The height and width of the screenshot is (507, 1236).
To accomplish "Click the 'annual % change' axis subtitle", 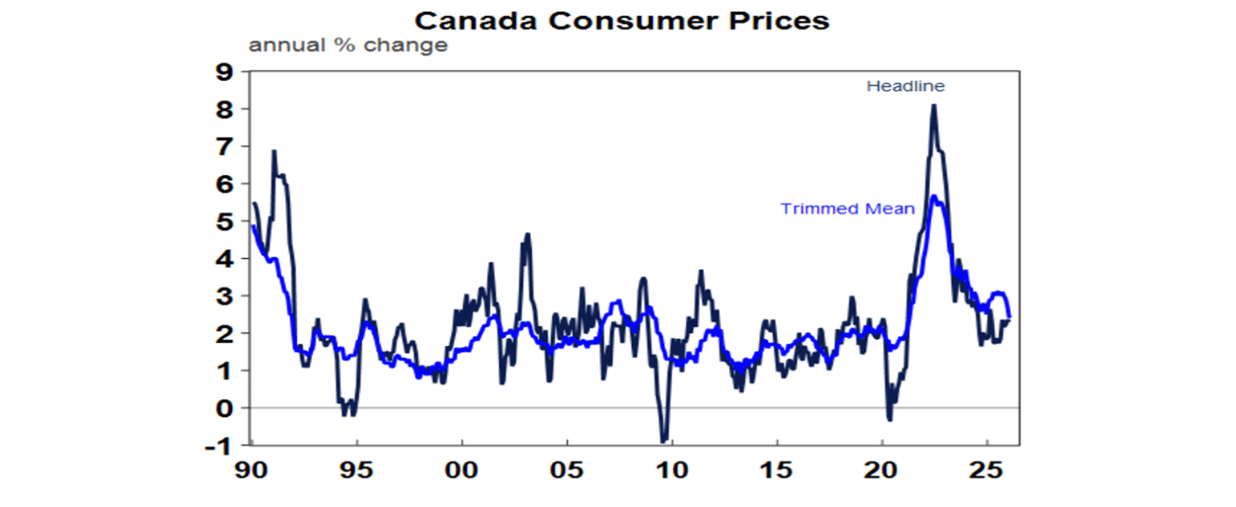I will coord(348,45).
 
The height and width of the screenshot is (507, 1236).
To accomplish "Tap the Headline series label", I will coord(905,86).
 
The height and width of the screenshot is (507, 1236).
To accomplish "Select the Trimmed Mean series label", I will coord(847,209).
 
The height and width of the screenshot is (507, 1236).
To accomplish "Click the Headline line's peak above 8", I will coord(933,105).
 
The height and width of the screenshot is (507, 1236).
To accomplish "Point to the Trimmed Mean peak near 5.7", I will coord(933,196).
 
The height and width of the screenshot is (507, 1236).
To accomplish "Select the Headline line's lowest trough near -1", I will coord(664,441).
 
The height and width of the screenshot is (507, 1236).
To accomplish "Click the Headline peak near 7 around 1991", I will coord(274,151).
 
